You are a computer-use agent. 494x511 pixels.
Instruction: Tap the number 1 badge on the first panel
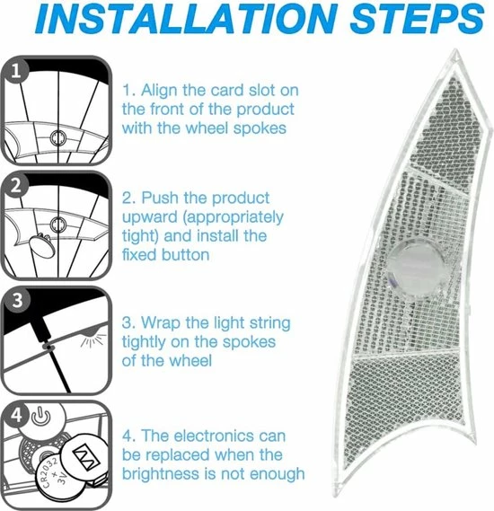tap(15, 71)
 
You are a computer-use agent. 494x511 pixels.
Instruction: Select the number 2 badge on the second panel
tap(15, 186)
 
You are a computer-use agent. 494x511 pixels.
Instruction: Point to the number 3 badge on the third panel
tap(17, 301)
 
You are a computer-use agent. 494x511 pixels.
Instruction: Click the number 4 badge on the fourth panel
tap(16, 415)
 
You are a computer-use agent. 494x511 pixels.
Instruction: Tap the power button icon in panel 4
tap(41, 417)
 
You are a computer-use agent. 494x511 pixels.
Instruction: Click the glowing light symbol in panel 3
tap(93, 339)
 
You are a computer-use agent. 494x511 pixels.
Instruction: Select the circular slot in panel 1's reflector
tap(58, 137)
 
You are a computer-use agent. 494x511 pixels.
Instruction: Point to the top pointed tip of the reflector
tap(456, 50)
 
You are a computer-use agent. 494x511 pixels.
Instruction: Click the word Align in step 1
tap(159, 91)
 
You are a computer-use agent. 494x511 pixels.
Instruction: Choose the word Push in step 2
tap(159, 198)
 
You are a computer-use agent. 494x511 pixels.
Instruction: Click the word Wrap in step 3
tap(160, 323)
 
